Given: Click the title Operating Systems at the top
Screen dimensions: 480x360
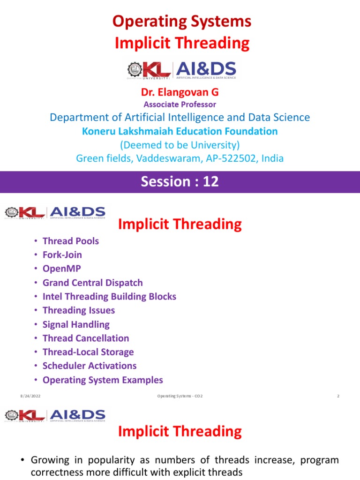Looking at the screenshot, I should click(x=182, y=21).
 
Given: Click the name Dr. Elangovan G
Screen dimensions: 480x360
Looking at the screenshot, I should click(x=180, y=93).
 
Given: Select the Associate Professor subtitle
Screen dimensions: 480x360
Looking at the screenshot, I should click(x=180, y=105).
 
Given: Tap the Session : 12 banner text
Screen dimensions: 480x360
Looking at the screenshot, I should click(x=180, y=181).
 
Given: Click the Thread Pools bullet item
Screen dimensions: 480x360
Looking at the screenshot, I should click(x=71, y=241).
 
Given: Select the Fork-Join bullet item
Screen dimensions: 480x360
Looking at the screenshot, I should click(x=62, y=255).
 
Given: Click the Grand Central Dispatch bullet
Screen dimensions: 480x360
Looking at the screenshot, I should click(x=92, y=283).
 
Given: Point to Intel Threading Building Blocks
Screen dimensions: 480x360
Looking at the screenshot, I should click(x=109, y=296).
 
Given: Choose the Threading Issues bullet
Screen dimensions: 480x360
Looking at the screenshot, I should click(x=78, y=310).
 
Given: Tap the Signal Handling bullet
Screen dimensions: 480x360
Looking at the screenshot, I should click(x=76, y=324).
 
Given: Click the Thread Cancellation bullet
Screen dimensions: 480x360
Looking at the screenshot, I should click(x=86, y=338).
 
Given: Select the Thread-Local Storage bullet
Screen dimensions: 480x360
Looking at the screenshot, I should click(x=88, y=352).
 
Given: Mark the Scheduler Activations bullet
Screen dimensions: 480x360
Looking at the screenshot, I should click(x=90, y=366).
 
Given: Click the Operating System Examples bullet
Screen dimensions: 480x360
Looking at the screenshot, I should click(x=103, y=380).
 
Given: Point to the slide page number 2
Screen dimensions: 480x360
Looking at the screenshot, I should click(x=337, y=397).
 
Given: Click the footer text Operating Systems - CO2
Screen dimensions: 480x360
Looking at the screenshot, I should click(x=180, y=397).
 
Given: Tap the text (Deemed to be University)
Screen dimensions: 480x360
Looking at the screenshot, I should click(x=180, y=145).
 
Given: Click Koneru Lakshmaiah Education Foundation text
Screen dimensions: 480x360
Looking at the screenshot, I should click(x=180, y=132).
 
